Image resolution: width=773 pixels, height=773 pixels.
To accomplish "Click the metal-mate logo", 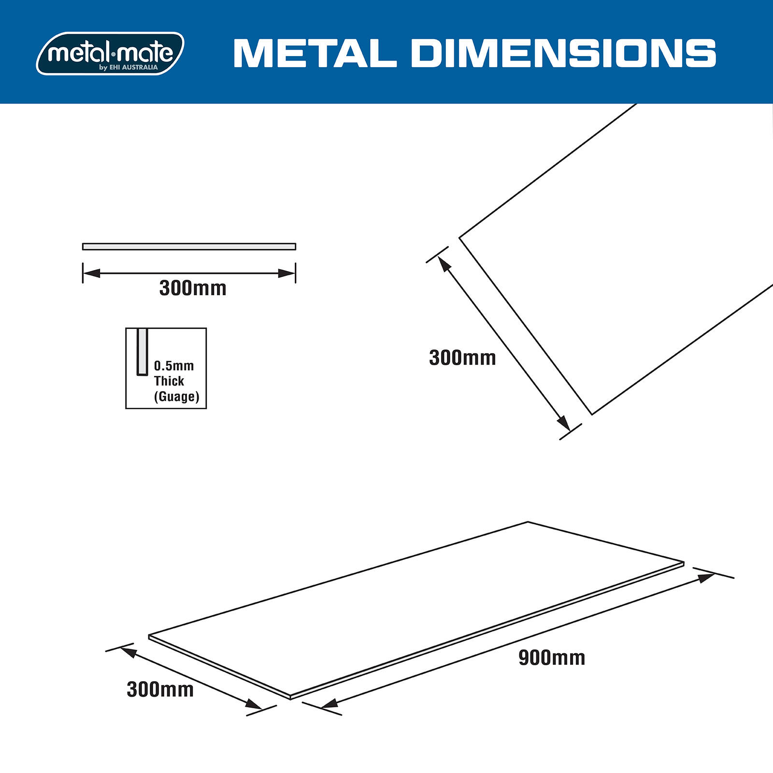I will pos(110,53).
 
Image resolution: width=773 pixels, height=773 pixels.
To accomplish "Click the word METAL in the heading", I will pos(315,53).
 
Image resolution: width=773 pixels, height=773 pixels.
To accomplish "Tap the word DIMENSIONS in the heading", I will pos(563,53).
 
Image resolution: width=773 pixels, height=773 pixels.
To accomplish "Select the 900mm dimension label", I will pos(552,658).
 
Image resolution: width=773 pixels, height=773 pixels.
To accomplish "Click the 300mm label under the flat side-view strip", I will pos(193,288).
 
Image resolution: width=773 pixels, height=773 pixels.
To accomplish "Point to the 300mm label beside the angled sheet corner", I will pos(462,358).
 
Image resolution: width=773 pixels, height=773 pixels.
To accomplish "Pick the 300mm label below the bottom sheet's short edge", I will pos(160,689).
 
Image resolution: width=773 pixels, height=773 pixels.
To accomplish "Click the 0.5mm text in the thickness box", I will pos(174,366).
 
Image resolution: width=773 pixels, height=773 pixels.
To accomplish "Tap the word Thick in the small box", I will pos(169,381).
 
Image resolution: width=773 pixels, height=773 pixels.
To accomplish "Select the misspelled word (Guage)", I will pos(177,397).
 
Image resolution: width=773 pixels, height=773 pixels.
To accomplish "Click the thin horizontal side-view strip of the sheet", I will pos(189,246).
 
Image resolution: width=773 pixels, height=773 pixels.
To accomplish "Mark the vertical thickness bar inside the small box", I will pos(142,351).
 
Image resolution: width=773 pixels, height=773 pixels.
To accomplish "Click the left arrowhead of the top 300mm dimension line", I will pos(91,273).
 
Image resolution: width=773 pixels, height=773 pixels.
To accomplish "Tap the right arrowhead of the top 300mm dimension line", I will pos(287,273).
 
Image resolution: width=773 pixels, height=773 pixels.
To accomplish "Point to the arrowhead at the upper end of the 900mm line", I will pos(707,577).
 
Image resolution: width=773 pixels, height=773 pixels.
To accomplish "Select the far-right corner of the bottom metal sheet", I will pos(684,563).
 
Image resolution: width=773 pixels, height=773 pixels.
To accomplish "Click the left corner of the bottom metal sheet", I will pos(149,636).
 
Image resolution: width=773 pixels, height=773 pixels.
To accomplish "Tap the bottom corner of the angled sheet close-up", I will pos(592,414).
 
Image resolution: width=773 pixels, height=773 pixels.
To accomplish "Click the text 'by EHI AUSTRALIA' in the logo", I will pos(129,68).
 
